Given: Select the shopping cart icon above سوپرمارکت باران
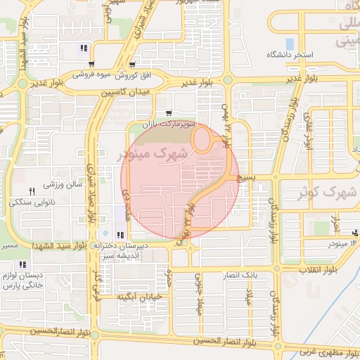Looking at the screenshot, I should point(168,113).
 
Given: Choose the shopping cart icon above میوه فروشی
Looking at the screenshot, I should point(91,65).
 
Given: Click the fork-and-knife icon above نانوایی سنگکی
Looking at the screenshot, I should point(31,191).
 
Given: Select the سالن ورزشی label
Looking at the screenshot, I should point(64,185).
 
